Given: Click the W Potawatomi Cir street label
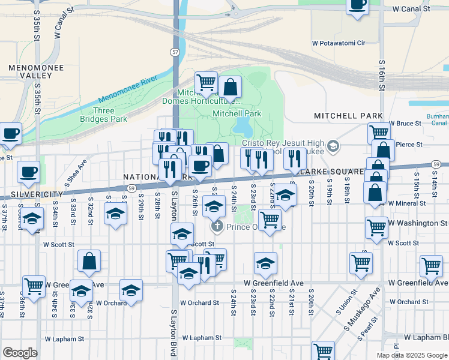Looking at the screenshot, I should (347, 43).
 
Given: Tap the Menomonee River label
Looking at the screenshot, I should (127, 89).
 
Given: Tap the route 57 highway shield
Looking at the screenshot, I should (174, 53).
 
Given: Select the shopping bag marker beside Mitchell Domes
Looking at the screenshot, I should (230, 88).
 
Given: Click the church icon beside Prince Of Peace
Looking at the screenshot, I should (216, 227).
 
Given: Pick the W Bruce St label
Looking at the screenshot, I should (406, 124).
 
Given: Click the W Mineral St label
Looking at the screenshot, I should (407, 203).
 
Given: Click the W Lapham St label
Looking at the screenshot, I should (201, 338).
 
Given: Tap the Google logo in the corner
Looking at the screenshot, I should (20, 353).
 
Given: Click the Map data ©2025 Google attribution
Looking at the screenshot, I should (412, 355).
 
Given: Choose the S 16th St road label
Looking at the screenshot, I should (382, 79).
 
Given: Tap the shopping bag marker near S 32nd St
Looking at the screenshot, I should (89, 261).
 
